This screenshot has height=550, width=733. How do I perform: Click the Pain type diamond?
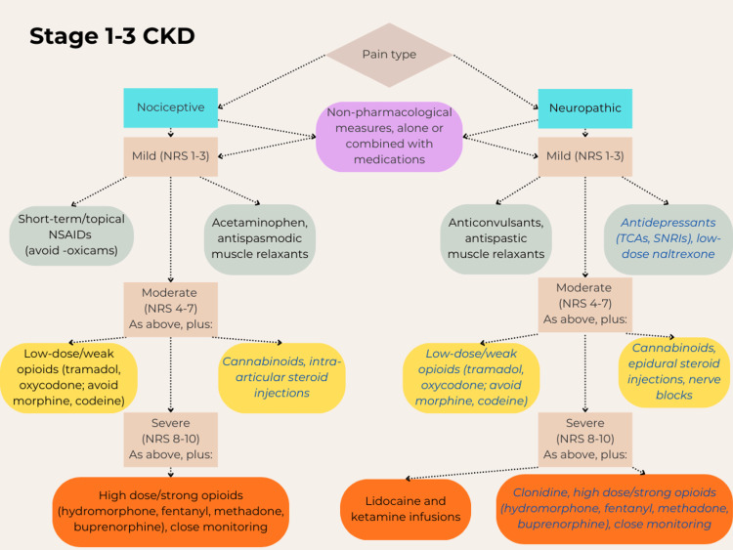pos(389,55)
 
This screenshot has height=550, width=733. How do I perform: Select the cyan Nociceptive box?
pos(171,107)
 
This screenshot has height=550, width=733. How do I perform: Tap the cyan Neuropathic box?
pos(584,108)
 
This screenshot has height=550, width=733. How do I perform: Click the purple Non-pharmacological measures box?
pos(389,137)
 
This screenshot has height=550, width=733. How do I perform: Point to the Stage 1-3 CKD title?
pos(112,36)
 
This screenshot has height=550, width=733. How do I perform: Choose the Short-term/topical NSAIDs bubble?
pos(71,235)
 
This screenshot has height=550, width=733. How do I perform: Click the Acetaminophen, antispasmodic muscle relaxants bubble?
pos(260,238)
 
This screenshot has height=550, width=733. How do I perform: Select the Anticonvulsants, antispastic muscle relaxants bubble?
pos(496,238)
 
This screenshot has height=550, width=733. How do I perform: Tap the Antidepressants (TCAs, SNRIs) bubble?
pos(668,238)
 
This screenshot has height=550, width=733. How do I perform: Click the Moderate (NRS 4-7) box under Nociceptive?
pos(171,308)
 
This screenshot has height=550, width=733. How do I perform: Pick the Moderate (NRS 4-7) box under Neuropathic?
pos(584,304)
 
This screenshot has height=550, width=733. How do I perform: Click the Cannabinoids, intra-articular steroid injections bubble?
pos(281,377)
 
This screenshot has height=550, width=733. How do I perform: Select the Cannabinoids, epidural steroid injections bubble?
pos(674,372)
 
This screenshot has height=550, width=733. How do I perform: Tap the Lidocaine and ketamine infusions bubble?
pos(406,509)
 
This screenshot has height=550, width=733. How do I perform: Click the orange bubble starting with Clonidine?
pos(614,509)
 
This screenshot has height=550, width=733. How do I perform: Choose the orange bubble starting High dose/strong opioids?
pos(171,512)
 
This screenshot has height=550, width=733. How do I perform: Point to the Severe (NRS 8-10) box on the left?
pos(171,440)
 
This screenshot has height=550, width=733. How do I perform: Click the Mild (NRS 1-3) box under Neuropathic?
pos(584,156)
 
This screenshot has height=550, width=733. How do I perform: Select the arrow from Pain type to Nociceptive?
pos(272,82)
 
